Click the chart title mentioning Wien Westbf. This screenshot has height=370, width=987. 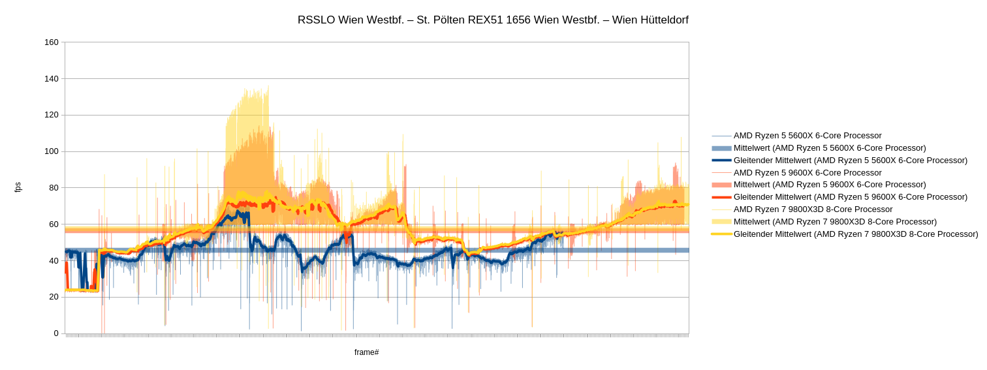click(493, 20)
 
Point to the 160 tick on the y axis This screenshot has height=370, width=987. click(52, 42)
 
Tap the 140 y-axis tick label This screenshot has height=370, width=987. click(52, 79)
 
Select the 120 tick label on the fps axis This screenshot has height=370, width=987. click(52, 115)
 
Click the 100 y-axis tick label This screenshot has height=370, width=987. click(52, 151)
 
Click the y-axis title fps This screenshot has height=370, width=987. click(18, 187)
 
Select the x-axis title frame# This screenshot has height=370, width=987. click(366, 352)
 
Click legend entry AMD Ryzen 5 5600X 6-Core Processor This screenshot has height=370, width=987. click(807, 136)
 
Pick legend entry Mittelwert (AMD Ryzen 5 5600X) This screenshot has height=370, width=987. click(830, 148)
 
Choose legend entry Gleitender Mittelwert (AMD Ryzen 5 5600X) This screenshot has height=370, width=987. click(850, 160)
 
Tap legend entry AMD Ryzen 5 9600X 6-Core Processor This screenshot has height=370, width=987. click(807, 173)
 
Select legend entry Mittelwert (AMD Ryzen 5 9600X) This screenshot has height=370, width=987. click(830, 185)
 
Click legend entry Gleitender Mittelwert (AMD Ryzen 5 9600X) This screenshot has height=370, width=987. click(850, 197)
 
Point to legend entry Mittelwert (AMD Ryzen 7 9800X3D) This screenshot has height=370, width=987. click(835, 222)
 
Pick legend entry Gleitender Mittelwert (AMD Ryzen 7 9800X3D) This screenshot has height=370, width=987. click(856, 234)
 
